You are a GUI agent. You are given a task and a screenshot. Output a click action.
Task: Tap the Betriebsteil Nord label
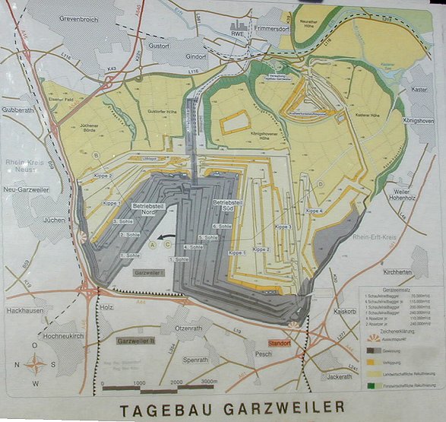[x=149, y=209]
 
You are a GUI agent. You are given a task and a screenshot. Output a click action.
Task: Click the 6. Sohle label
[x=222, y=226]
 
